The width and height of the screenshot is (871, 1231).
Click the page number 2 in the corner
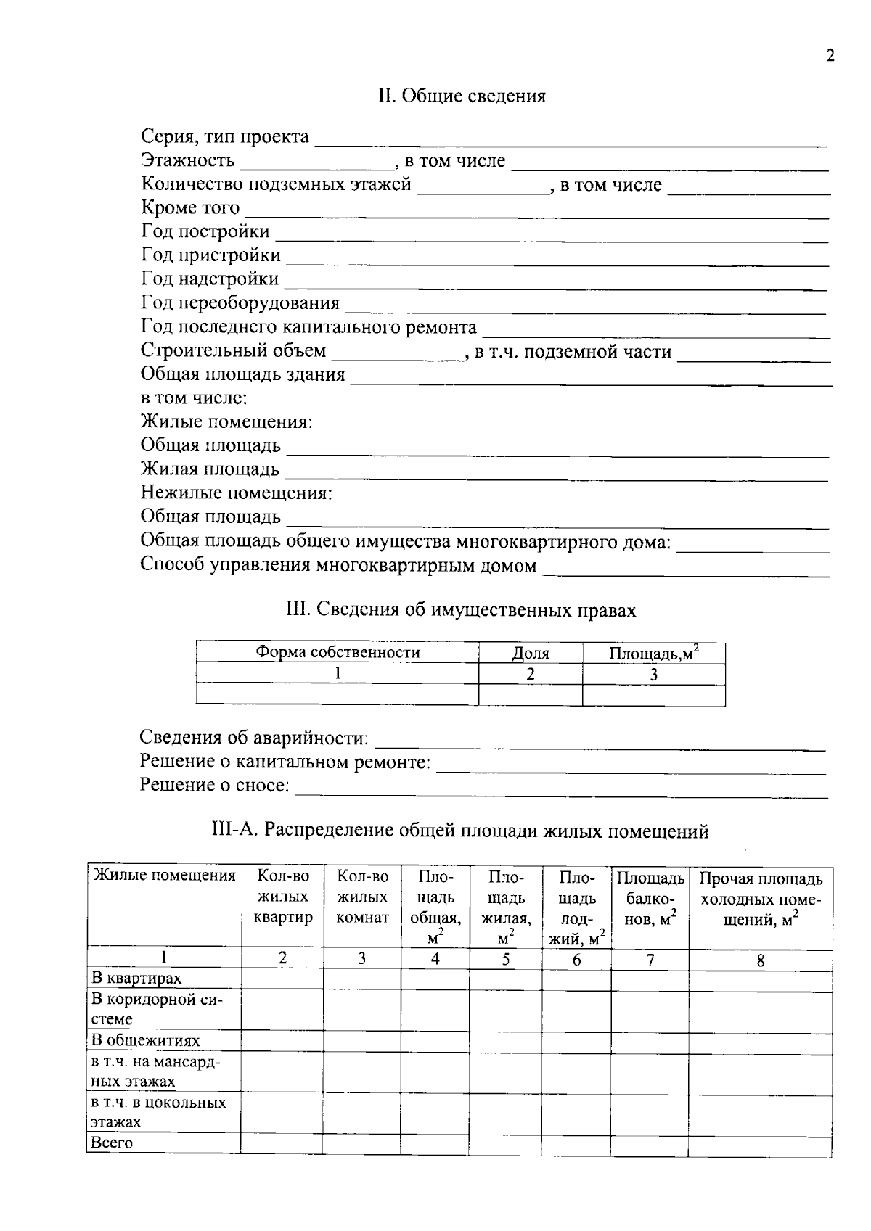point(830,57)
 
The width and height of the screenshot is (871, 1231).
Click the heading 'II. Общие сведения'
point(462,96)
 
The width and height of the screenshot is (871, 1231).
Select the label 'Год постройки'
point(205,232)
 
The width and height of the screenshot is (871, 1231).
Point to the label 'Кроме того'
point(190,208)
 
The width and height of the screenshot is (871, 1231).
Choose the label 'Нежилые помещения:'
point(236,493)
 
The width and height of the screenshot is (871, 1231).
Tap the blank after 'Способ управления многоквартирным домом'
point(686,572)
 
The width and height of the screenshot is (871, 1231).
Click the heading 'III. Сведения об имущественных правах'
point(462,611)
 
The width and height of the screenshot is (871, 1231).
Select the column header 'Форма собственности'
point(338,653)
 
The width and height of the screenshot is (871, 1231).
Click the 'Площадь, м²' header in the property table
point(653,653)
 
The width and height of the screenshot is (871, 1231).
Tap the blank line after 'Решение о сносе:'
point(561,792)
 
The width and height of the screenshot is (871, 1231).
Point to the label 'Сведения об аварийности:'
point(254,738)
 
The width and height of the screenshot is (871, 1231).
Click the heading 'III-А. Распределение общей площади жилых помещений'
point(460,831)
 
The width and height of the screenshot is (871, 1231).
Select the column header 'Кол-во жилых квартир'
point(283,897)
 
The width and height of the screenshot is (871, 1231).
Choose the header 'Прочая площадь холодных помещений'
point(760,900)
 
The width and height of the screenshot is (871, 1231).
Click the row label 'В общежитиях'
point(145,1040)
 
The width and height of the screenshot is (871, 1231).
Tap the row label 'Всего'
point(112,1143)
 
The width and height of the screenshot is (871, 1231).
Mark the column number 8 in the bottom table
point(760,960)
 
